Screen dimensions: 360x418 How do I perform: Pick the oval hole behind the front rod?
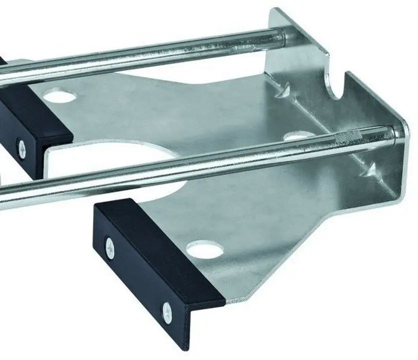click(298, 135)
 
